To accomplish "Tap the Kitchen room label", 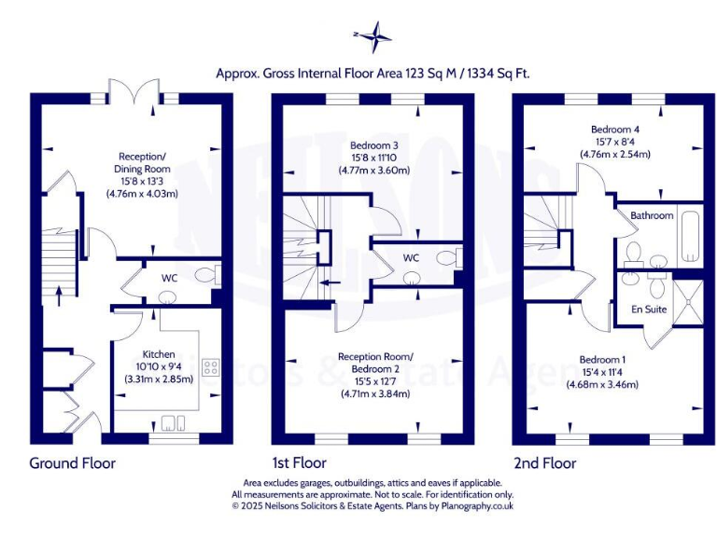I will [x=158, y=354].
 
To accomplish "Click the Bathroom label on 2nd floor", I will [x=651, y=215].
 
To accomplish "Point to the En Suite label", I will [x=649, y=309].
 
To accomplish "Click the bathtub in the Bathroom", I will [x=690, y=237].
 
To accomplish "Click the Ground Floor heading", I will [x=73, y=463].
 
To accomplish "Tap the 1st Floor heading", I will [x=300, y=463].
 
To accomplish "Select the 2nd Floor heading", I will [x=544, y=463].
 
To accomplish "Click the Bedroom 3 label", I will [x=373, y=145].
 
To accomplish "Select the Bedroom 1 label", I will [x=602, y=360].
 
